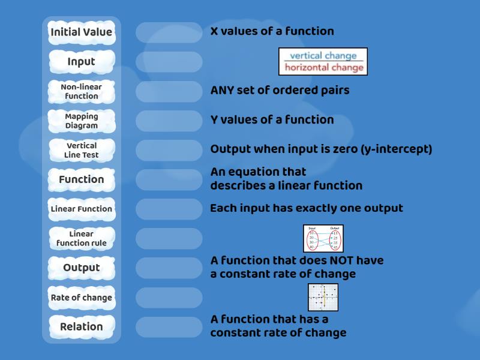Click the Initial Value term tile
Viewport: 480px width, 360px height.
tap(81, 32)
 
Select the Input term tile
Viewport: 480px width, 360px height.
tap(81, 61)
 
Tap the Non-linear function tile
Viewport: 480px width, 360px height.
tap(81, 91)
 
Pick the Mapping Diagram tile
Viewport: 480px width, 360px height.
tap(81, 121)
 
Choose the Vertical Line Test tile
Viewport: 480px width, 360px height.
tap(81, 150)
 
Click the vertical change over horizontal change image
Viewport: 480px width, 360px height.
tap(323, 61)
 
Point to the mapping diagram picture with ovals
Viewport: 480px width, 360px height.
tap(323, 238)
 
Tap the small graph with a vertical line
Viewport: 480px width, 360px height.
tap(323, 297)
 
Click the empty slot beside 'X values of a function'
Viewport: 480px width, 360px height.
tap(169, 32)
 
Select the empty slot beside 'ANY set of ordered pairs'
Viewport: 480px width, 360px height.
tap(169, 91)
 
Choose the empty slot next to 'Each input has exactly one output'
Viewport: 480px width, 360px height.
tap(169, 209)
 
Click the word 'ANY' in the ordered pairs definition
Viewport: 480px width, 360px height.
tap(224, 91)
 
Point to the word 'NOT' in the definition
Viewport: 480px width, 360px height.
tap(325, 260)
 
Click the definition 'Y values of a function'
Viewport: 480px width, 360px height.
tap(272, 120)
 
